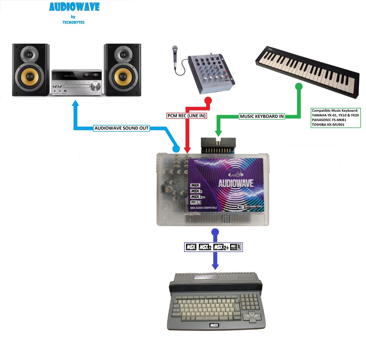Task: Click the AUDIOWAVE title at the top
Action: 74,7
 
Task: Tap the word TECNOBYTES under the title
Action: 73,22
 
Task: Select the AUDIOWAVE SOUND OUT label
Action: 122,128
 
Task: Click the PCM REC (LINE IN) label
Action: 187,116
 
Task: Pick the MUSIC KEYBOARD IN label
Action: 262,116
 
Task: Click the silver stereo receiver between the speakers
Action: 77,82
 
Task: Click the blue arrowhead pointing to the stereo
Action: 75,104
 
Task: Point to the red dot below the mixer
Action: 208,100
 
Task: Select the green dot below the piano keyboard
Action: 299,86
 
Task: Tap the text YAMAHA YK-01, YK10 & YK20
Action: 335,115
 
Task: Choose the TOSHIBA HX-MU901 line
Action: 328,124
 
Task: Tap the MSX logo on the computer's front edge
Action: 214,325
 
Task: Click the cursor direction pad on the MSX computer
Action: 252,317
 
